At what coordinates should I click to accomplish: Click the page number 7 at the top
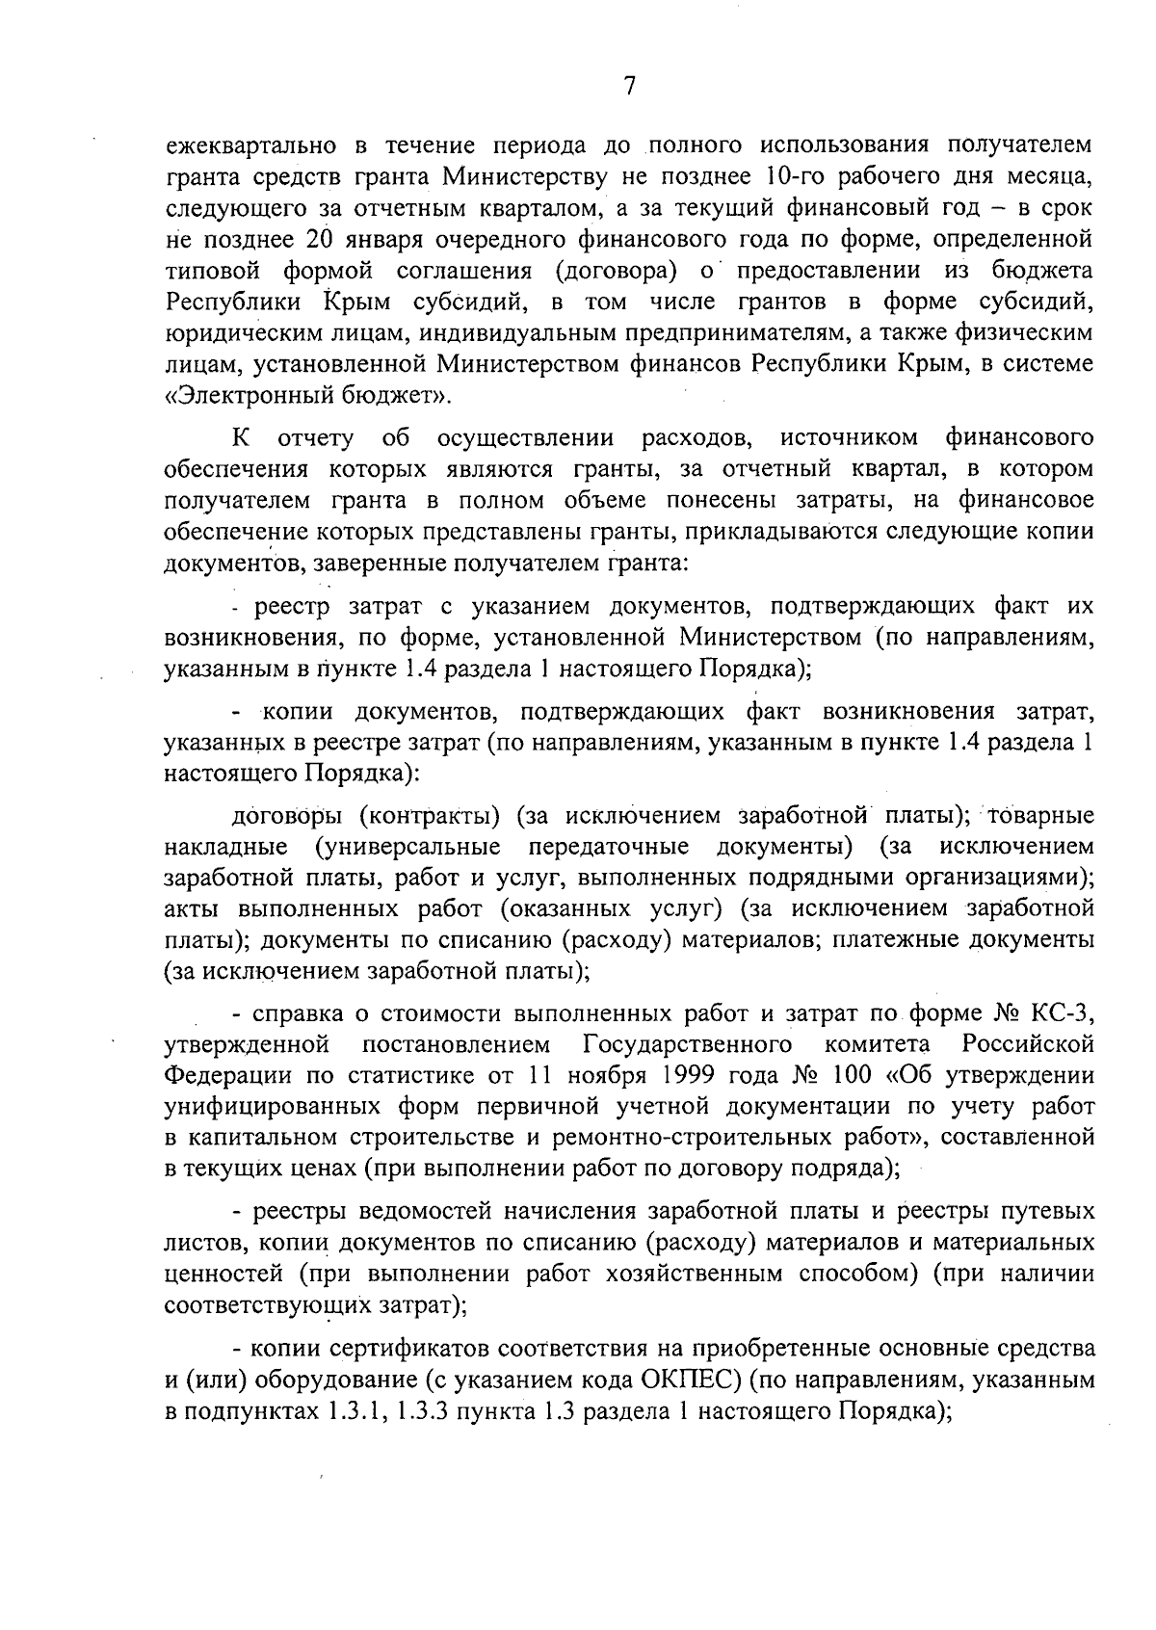(629, 87)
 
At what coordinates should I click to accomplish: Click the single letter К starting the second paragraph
(241, 438)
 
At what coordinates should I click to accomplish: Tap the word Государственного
(688, 1044)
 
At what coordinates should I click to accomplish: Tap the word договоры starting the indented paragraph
(283, 816)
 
